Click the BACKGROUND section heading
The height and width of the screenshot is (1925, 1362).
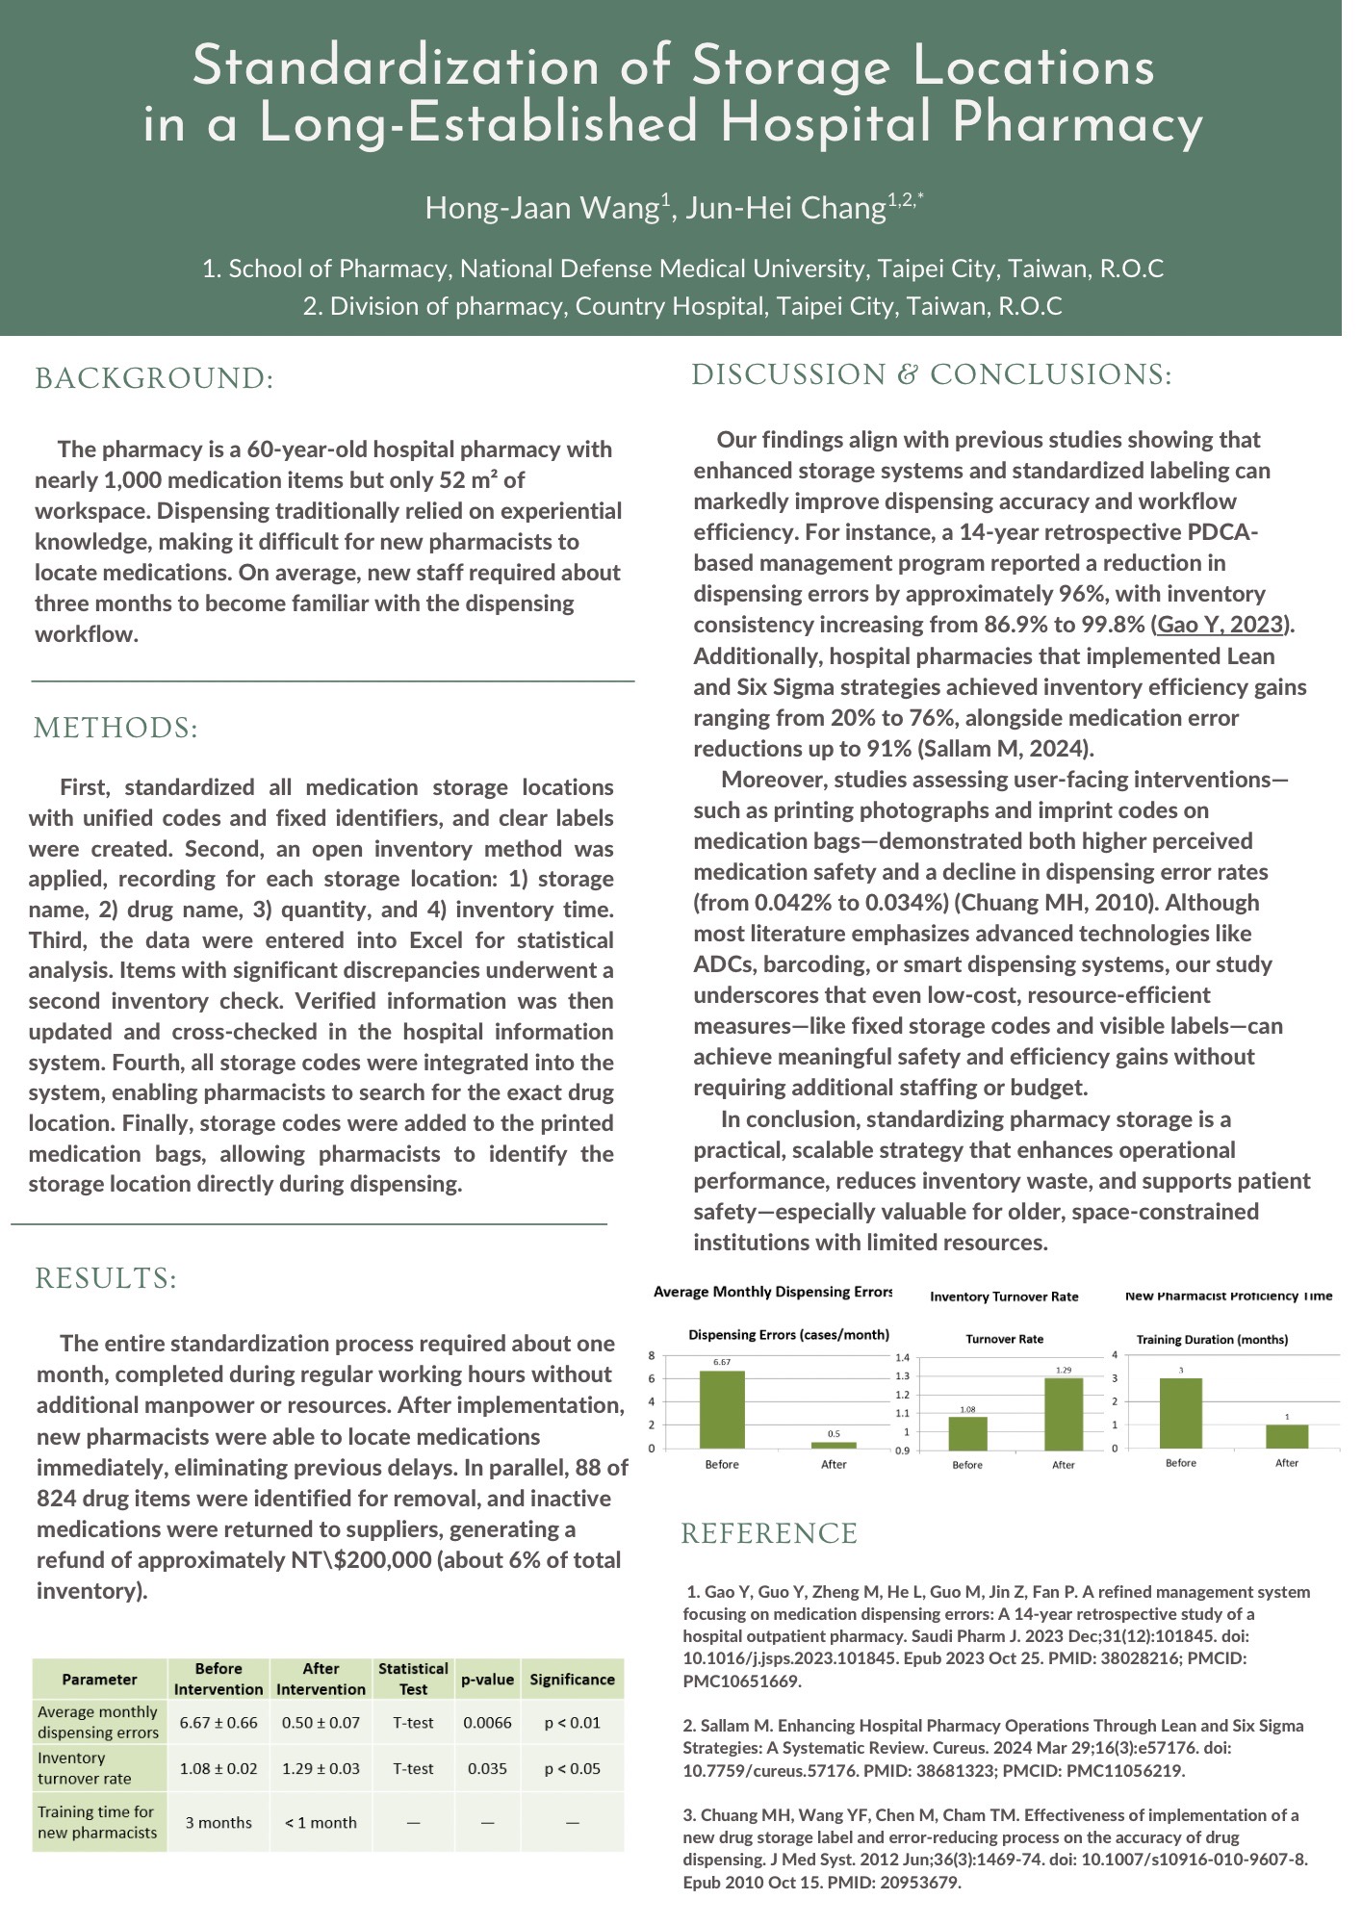click(x=154, y=378)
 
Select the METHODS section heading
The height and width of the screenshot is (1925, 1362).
click(x=116, y=728)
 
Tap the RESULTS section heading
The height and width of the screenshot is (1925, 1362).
click(x=106, y=1278)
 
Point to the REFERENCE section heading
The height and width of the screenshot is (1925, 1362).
click(x=769, y=1534)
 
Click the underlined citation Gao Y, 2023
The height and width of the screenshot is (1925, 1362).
click(x=1221, y=625)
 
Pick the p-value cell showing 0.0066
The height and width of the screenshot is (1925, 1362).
click(x=487, y=1722)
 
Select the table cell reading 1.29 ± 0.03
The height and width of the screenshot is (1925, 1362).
click(x=321, y=1768)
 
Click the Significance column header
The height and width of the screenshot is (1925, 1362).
click(x=572, y=1680)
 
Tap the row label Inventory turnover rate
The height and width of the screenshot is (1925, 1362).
click(x=85, y=1768)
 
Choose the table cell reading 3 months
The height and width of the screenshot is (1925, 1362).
click(x=218, y=1822)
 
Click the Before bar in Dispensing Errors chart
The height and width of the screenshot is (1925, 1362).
click(x=722, y=1409)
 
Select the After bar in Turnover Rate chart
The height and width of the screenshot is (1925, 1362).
click(x=1063, y=1414)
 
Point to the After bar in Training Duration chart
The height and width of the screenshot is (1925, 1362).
click(x=1287, y=1436)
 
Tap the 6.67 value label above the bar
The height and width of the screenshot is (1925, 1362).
click(x=722, y=1362)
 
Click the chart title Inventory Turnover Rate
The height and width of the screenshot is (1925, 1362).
click(x=1004, y=1297)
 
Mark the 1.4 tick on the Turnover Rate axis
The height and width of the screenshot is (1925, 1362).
click(x=902, y=1357)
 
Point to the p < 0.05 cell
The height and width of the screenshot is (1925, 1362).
click(x=572, y=1768)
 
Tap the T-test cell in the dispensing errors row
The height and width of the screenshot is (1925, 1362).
click(x=413, y=1722)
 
